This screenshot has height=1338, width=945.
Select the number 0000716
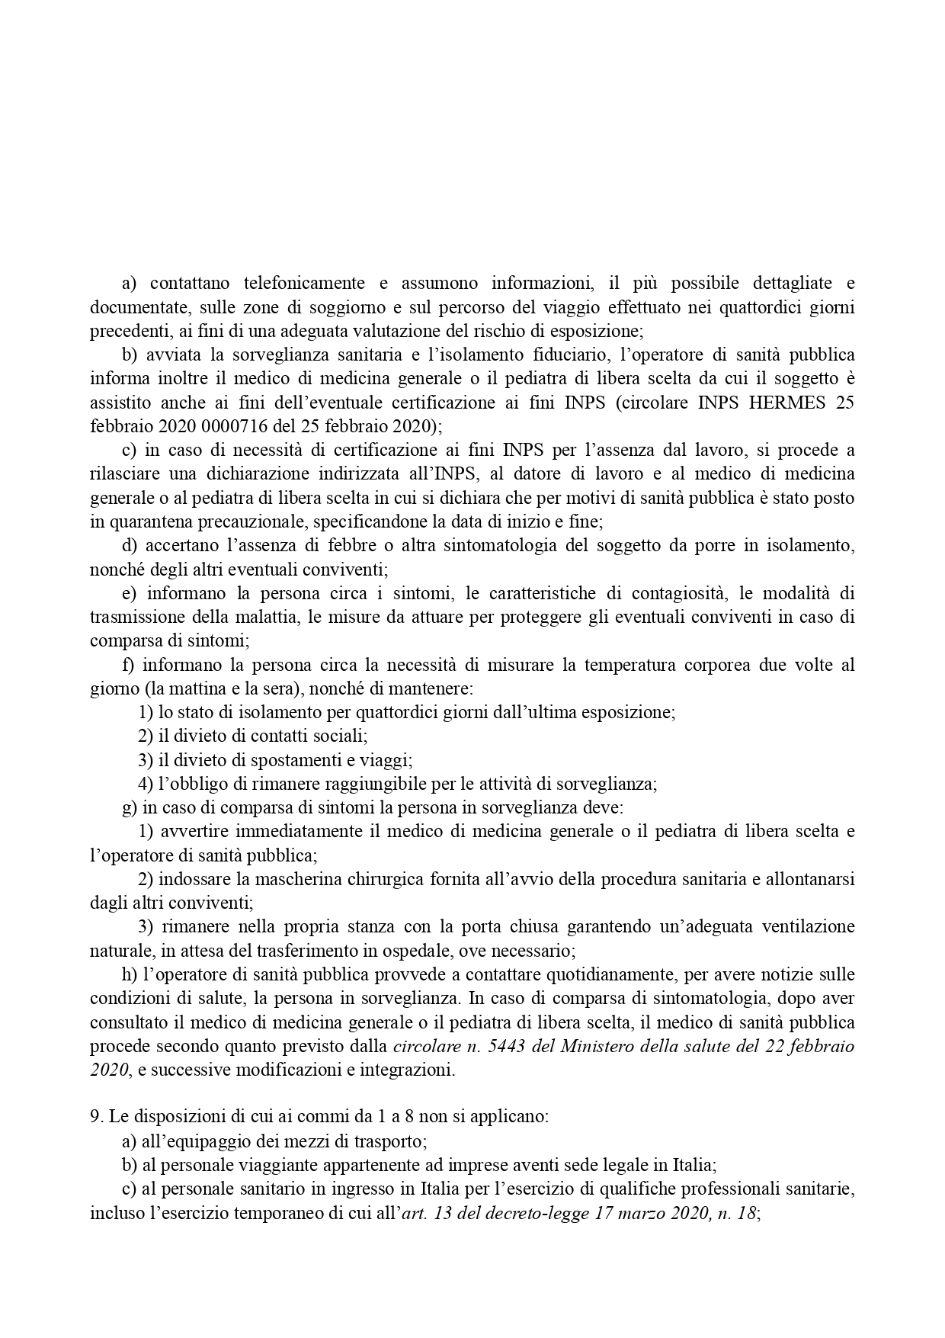click(197, 426)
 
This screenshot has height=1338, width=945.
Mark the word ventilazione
click(809, 927)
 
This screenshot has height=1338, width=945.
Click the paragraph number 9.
click(94, 1117)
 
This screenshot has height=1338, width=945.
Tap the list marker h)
click(130, 974)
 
